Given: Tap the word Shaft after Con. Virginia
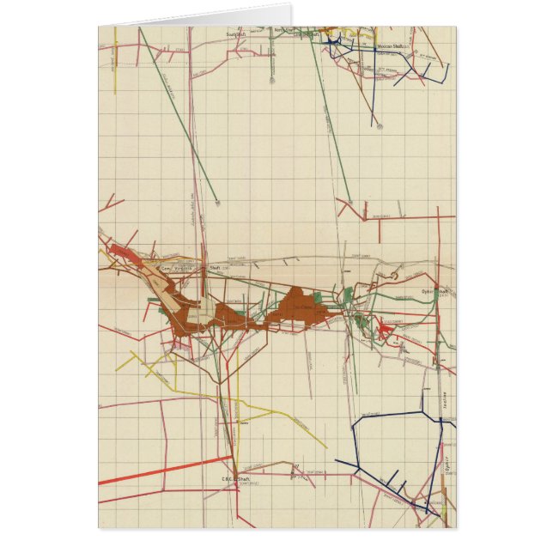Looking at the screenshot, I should tap(215, 268).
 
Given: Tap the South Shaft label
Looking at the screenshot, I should tap(235, 34).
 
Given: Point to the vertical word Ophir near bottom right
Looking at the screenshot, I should tap(447, 465).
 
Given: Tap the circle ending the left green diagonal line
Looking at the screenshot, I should tap(218, 204).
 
